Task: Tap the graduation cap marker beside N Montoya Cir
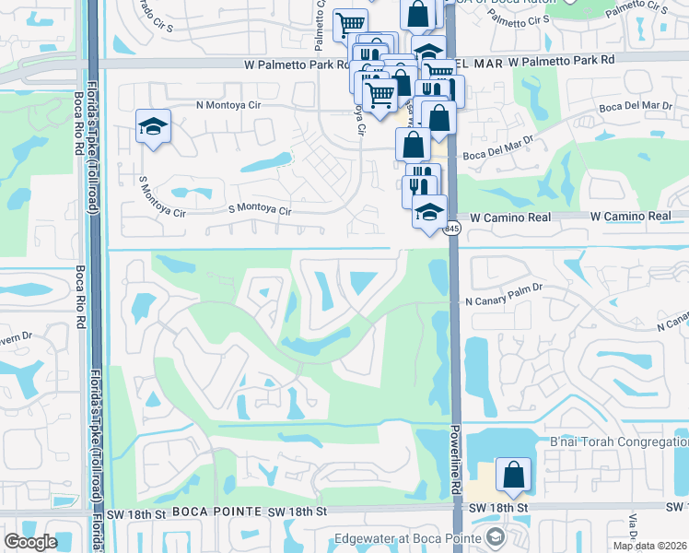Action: click(153, 126)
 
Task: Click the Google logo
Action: click(30, 542)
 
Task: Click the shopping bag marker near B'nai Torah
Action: click(513, 475)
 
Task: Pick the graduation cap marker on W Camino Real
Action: click(428, 212)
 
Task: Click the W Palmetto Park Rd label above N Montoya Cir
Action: click(295, 65)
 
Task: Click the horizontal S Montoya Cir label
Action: click(261, 211)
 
